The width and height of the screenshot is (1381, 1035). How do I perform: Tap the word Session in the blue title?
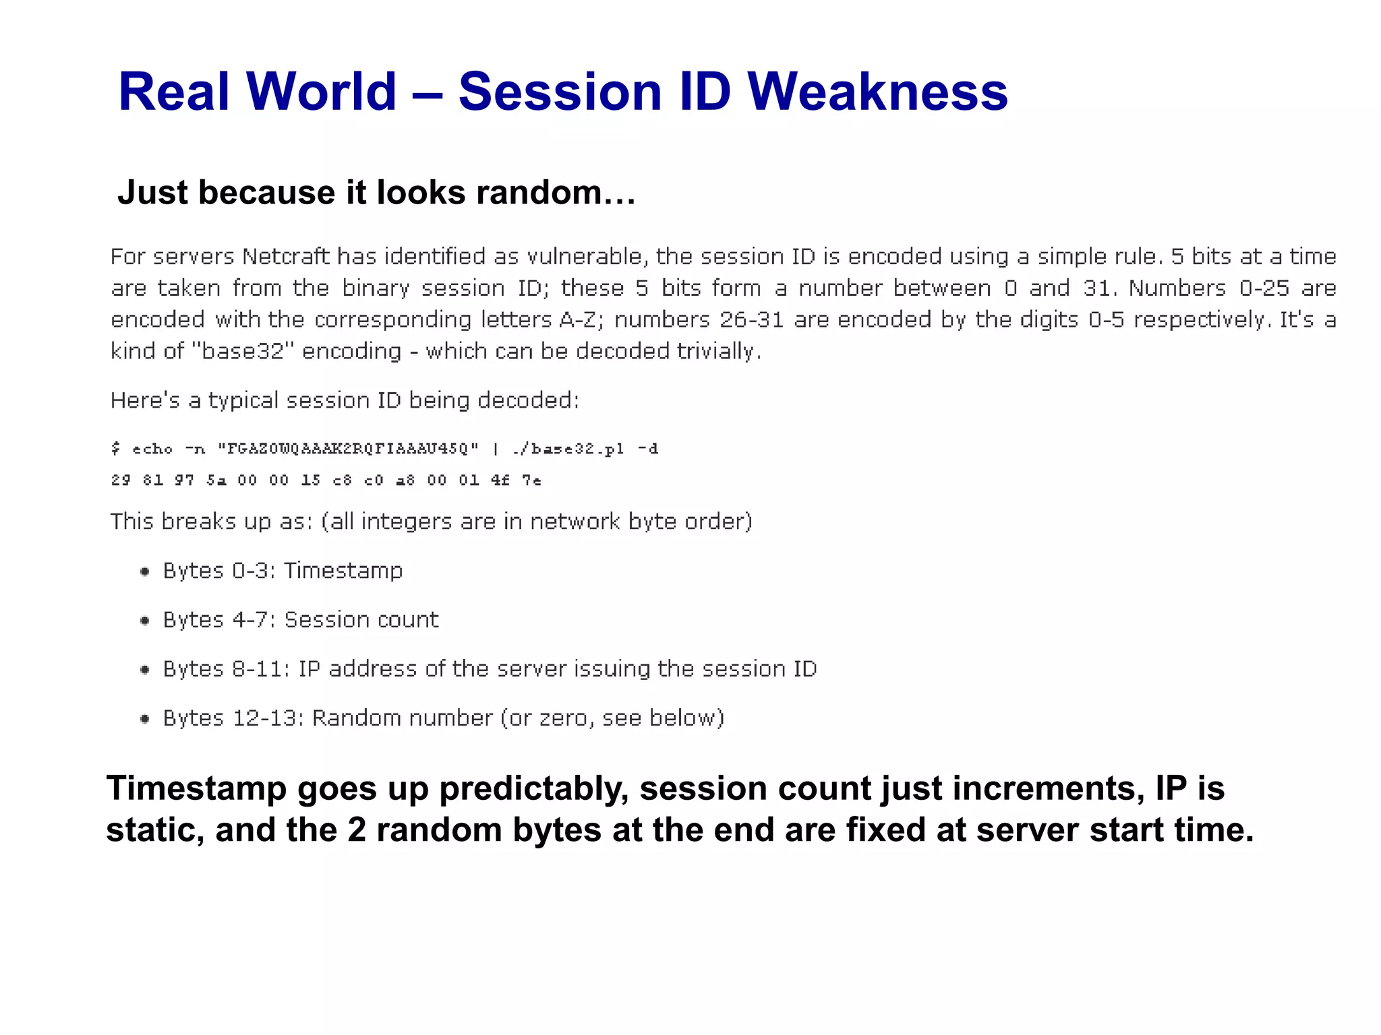pyautogui.click(x=560, y=92)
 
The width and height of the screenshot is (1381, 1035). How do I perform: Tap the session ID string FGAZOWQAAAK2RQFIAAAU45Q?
pyautogui.click(x=348, y=449)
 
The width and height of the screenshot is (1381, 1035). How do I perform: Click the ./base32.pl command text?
pyautogui.click(x=568, y=449)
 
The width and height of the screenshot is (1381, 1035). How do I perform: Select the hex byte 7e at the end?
pyautogui.click(x=531, y=480)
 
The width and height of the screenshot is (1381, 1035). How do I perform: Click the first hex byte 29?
pyautogui.click(x=121, y=480)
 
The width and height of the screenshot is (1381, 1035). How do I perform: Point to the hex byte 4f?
pyautogui.click(x=500, y=480)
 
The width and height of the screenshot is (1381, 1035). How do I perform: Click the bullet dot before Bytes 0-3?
pyautogui.click(x=144, y=572)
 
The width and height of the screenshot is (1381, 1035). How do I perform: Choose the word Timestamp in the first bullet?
pyautogui.click(x=343, y=571)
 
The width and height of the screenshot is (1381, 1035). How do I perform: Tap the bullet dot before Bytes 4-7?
pyautogui.click(x=144, y=621)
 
